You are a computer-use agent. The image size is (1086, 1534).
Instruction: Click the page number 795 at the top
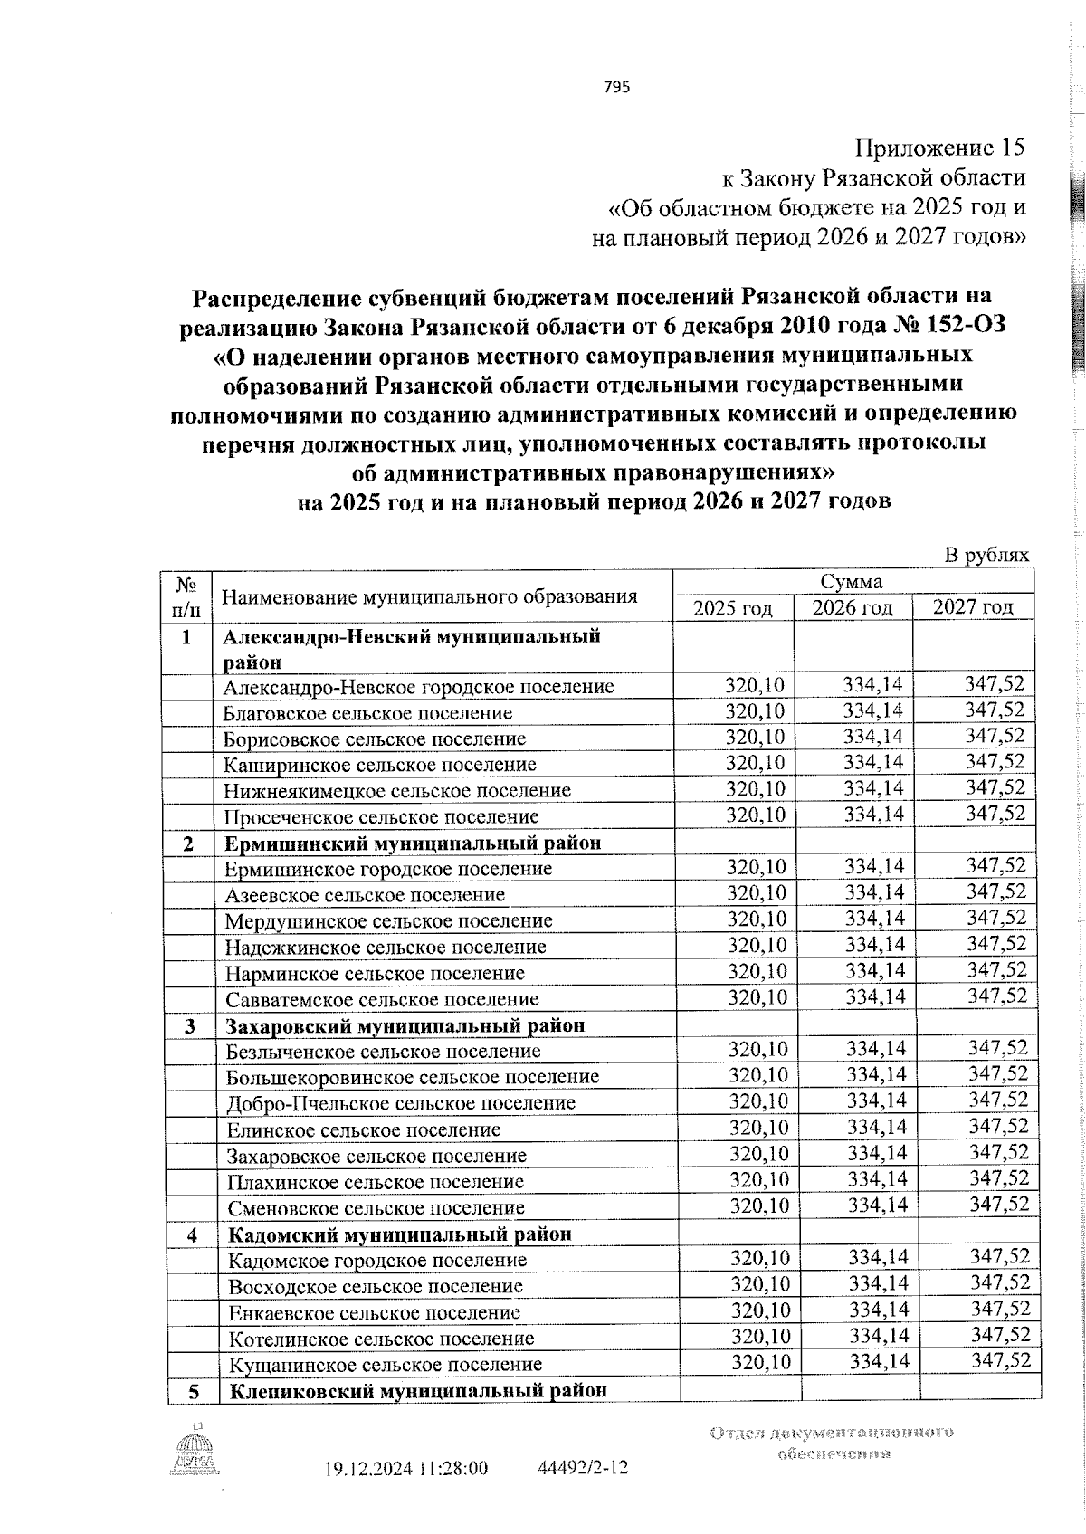pos(614,87)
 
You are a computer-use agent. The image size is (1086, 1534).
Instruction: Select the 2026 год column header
pos(852,607)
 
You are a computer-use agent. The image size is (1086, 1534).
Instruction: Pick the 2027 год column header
pos(973,606)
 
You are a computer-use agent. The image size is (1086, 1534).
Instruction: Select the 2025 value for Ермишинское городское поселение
pos(757,868)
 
